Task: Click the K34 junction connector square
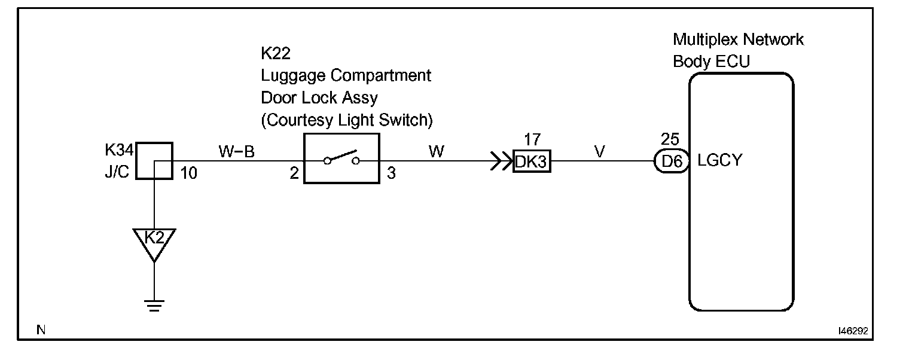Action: click(154, 160)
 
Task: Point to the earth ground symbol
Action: click(154, 306)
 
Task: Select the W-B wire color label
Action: click(236, 152)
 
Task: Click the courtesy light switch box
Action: click(341, 159)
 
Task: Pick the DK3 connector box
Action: click(532, 161)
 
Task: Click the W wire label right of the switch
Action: click(437, 152)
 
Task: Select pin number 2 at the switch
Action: click(294, 173)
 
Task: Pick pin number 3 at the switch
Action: click(391, 173)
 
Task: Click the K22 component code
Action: click(276, 54)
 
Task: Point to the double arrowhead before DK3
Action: click(500, 161)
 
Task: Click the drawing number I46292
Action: click(852, 330)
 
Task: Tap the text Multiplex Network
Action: click(738, 40)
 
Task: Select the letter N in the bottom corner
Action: click(40, 330)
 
